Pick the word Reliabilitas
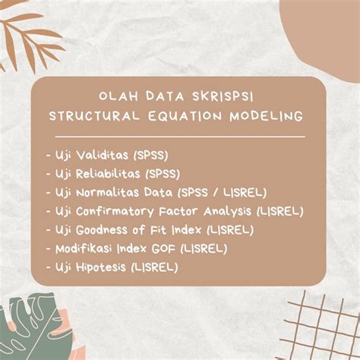109,173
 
